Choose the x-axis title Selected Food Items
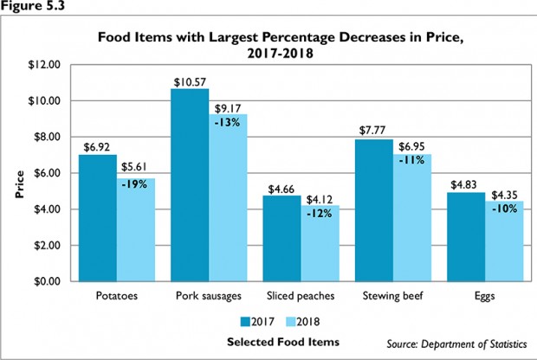click(270, 341)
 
